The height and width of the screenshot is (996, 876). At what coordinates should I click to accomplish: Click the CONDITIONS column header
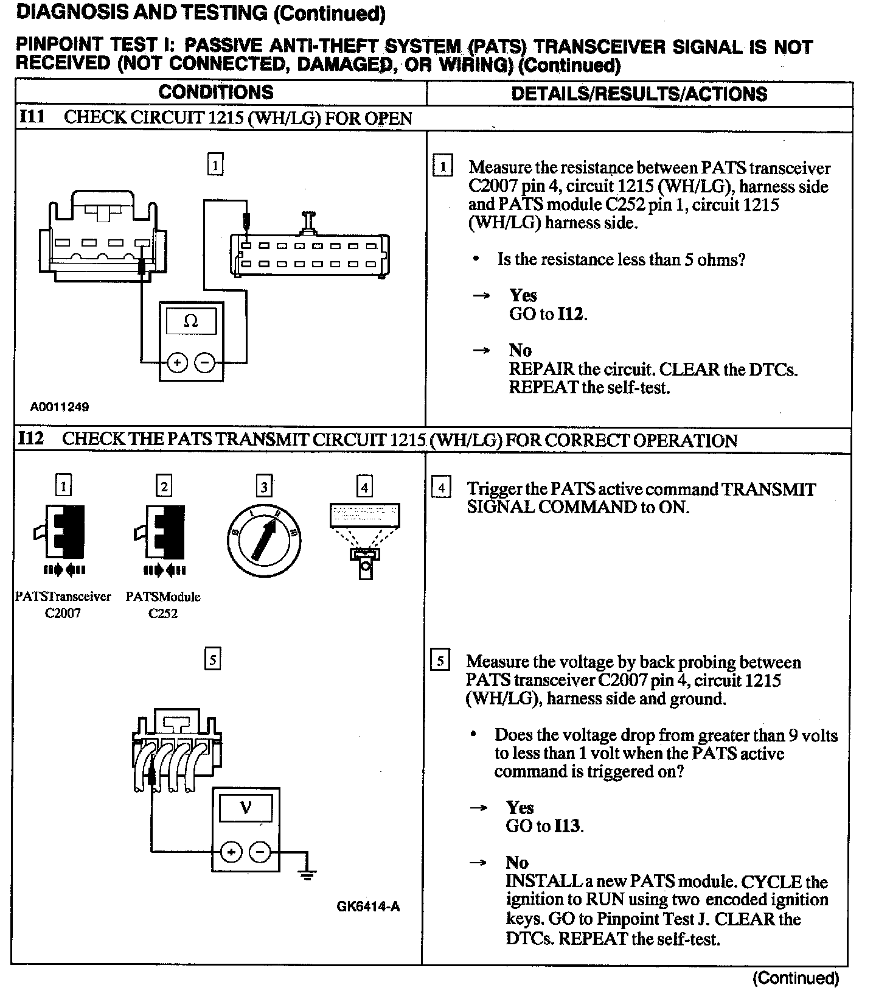(216, 93)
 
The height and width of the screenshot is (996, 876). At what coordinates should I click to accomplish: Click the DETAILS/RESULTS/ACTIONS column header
(639, 94)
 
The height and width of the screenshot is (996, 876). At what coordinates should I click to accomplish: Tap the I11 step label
(32, 117)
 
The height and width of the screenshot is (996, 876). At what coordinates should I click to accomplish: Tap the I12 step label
(32, 439)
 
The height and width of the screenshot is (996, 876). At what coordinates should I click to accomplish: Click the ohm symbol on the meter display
(191, 321)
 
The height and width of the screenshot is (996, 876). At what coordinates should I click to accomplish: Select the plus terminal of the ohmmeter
(177, 363)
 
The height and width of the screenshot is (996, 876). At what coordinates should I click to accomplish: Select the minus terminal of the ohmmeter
(204, 363)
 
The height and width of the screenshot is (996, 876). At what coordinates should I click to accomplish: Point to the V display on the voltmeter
(246, 808)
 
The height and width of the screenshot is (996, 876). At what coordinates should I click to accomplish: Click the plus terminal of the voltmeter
(231, 852)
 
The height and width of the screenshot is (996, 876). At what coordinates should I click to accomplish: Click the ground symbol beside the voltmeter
(308, 875)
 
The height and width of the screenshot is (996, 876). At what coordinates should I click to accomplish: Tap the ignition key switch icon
(265, 535)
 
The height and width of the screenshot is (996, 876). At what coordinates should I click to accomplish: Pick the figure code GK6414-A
(368, 907)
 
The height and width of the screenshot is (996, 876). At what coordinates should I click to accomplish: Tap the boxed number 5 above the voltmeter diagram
(212, 659)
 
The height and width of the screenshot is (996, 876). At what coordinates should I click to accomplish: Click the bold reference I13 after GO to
(568, 826)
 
